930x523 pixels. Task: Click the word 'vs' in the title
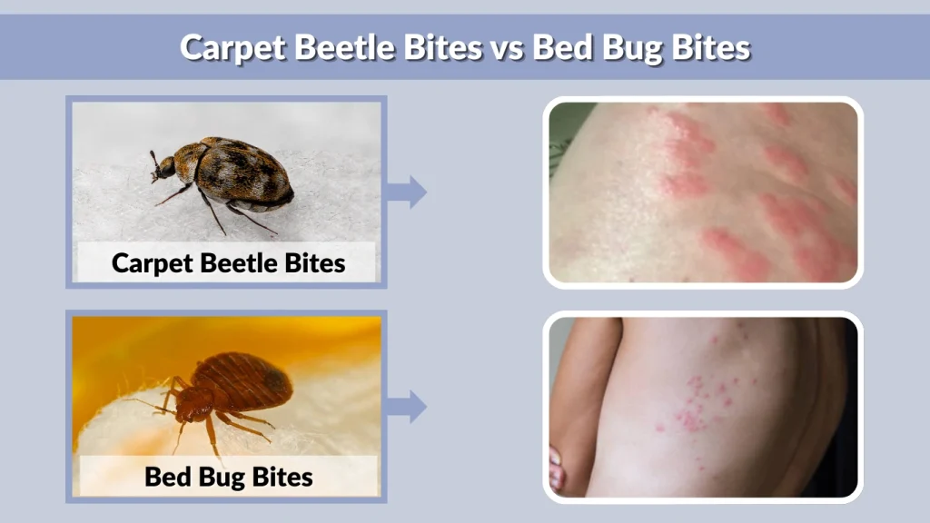pos(506,47)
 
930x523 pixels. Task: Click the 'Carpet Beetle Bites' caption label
pos(228,263)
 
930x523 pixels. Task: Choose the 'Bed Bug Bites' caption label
pos(228,476)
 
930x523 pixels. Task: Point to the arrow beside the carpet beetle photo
pos(407,192)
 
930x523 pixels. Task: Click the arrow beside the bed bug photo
pos(407,406)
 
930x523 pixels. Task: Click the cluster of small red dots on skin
pos(699,400)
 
